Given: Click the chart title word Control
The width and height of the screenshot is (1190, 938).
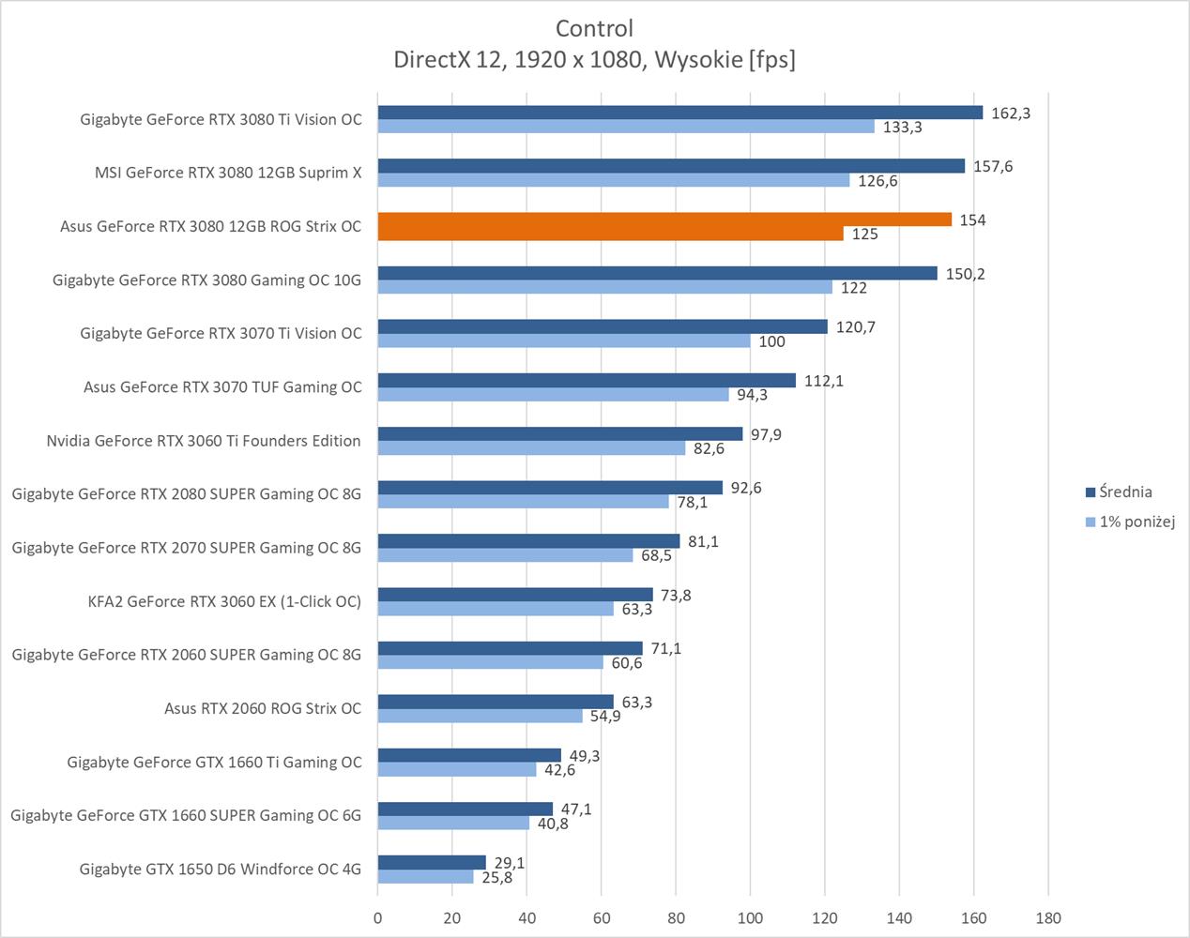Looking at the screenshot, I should [594, 28].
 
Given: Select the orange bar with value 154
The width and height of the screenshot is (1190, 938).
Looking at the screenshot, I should [664, 219].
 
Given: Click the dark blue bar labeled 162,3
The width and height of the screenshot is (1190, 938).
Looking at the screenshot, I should [679, 113].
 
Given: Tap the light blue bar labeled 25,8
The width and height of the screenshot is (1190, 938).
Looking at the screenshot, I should [425, 877].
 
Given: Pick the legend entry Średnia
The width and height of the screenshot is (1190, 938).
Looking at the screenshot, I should [1124, 492].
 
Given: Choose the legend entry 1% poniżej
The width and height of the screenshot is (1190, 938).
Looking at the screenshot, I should [1137, 522].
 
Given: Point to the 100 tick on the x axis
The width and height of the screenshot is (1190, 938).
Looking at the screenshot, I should [750, 917].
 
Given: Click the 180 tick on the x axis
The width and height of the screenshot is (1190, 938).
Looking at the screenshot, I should [1047, 917].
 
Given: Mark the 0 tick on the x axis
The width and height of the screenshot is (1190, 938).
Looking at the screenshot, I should [378, 917].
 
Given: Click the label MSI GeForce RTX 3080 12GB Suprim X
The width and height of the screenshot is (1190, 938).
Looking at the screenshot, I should [228, 173].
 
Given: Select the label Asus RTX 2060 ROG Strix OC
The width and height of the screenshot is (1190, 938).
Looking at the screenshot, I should [263, 708].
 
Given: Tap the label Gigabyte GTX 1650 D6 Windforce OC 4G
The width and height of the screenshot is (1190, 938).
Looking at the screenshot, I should [221, 869].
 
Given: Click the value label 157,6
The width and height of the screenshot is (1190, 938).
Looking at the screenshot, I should [993, 166].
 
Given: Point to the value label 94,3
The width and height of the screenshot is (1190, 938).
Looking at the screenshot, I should [752, 395].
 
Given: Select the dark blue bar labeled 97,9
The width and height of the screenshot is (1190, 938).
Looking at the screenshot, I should [560, 434].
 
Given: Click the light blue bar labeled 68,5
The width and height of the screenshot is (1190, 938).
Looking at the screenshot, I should [505, 555].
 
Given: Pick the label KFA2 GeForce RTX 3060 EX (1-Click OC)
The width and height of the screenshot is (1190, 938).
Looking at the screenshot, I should [224, 601].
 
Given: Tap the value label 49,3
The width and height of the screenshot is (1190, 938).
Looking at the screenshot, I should [585, 755].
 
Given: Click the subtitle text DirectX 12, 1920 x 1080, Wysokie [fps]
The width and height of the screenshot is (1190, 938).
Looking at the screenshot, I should [594, 60].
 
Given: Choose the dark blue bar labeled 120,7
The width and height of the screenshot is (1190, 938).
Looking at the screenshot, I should [603, 326].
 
